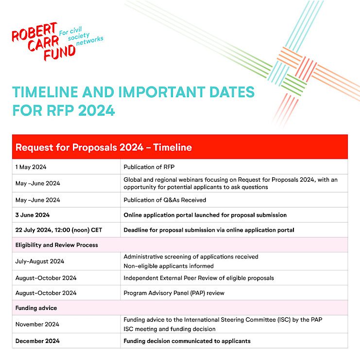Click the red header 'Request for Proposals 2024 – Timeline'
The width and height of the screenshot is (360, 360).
(103, 147)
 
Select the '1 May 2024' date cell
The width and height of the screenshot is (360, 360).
(31, 167)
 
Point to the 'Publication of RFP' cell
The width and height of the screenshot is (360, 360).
(148, 167)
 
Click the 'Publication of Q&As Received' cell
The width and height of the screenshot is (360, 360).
(165, 200)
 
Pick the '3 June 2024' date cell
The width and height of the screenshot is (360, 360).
(33, 215)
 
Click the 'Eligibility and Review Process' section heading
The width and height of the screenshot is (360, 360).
(56, 245)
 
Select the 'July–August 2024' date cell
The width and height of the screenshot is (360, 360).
(40, 261)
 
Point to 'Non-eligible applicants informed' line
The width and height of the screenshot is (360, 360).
(169, 266)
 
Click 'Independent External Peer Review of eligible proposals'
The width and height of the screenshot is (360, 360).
(199, 278)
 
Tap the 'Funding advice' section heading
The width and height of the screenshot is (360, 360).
(36, 308)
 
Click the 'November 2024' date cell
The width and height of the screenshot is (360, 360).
(37, 324)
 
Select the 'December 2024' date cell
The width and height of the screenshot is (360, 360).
(37, 341)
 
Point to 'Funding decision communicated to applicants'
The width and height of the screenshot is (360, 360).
(187, 341)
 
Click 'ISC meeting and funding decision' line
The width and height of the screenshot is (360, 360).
(170, 328)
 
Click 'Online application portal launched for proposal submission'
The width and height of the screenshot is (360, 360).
(205, 215)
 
